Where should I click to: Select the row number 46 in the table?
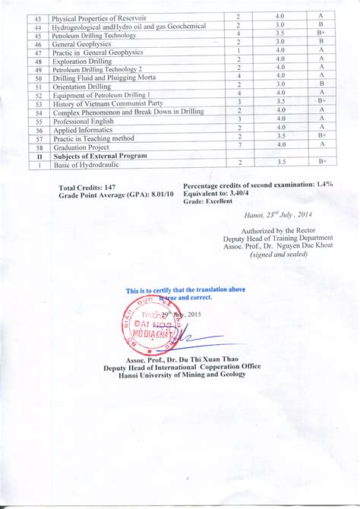click(x=38, y=44)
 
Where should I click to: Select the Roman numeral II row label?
click(x=38, y=156)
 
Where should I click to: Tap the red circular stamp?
click(x=152, y=328)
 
